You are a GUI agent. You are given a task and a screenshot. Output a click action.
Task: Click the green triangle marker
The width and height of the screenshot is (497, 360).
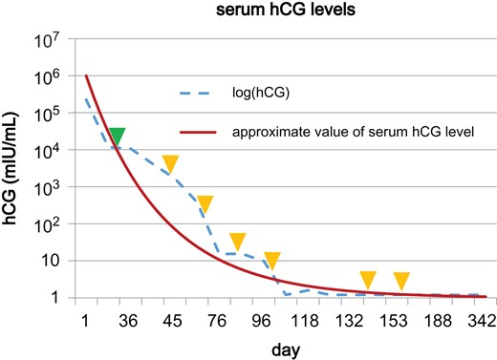(x=117, y=137)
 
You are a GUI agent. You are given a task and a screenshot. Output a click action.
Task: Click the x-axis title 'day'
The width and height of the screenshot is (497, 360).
(x=287, y=350)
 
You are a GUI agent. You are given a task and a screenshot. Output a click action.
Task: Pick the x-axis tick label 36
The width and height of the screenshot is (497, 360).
(x=127, y=320)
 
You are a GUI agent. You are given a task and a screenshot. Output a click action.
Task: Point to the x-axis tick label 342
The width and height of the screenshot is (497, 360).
(x=479, y=320)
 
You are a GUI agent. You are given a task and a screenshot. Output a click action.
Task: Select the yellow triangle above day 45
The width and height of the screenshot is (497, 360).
(x=170, y=163)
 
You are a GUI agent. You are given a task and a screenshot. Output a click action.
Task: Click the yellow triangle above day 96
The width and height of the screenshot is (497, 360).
(x=271, y=261)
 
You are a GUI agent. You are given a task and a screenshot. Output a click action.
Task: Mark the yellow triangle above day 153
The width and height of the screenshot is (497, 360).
(x=401, y=280)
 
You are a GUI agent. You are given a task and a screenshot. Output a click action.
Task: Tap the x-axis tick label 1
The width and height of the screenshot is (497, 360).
(x=86, y=320)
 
